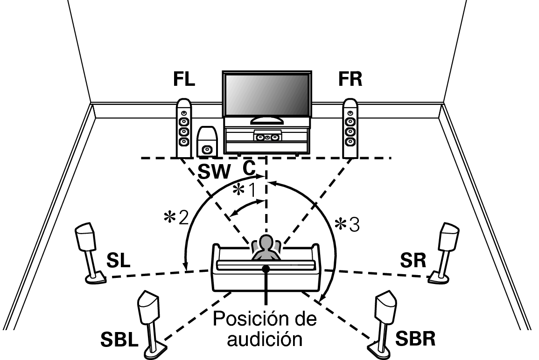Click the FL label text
184,79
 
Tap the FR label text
350,79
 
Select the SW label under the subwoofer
214,172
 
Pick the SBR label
415,339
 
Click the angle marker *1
245,190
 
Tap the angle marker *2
176,217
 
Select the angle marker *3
347,225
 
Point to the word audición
265,339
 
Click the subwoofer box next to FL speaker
207,141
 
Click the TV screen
267,95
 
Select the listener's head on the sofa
266,242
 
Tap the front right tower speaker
350,129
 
